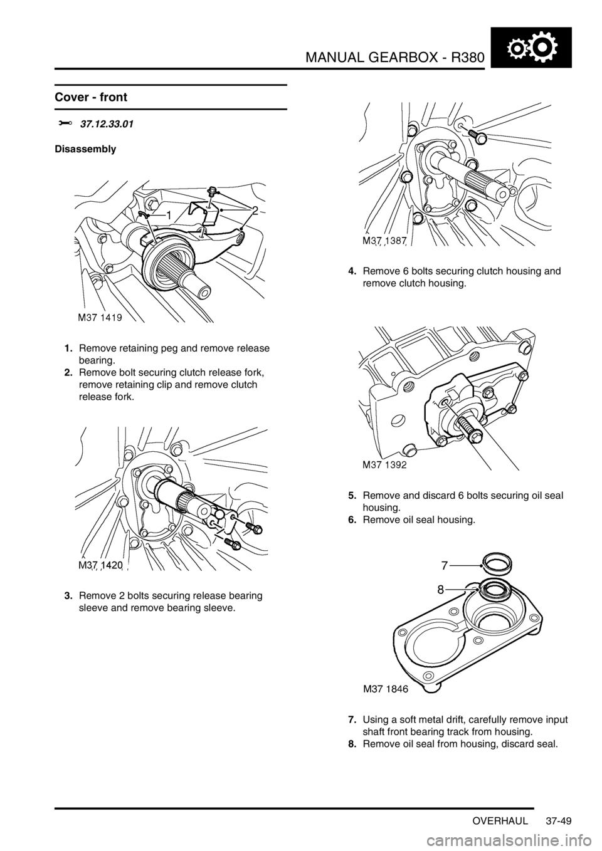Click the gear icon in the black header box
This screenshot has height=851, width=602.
click(x=531, y=48)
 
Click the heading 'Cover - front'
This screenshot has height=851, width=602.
click(x=91, y=97)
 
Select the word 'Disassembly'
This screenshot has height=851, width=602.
click(x=85, y=149)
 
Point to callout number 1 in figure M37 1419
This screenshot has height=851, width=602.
click(x=168, y=216)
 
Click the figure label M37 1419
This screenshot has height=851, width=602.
click(x=100, y=318)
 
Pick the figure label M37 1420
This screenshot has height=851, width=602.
click(x=100, y=565)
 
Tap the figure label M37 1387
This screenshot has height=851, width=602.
click(x=384, y=241)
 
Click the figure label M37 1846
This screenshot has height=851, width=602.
click(x=383, y=689)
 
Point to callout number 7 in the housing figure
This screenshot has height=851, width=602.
click(x=445, y=566)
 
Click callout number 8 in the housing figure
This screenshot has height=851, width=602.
click(x=440, y=590)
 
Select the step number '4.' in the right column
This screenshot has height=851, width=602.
click(x=352, y=271)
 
